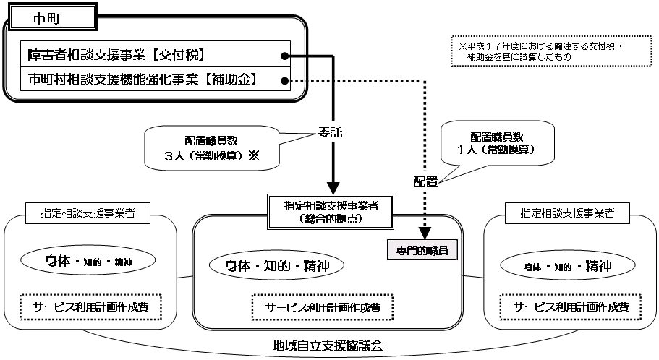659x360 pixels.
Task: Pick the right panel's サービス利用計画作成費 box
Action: coord(571,307)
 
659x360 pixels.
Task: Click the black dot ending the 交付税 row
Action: coord(286,55)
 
